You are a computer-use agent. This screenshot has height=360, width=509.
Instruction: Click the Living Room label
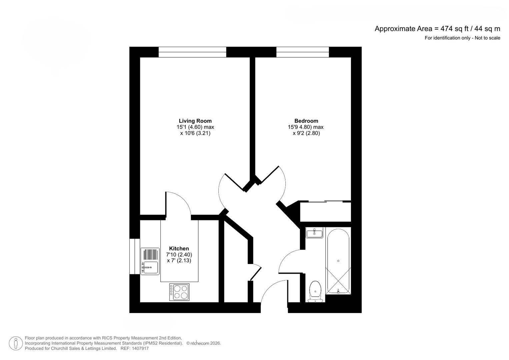(x=195, y=121)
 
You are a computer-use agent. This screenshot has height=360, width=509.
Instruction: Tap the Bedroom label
(x=306, y=121)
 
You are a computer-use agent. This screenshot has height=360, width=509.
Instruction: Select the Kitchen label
(x=179, y=248)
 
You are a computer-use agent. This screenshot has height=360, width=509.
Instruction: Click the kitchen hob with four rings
(x=179, y=292)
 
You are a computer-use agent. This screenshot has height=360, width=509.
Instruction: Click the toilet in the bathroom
(x=315, y=291)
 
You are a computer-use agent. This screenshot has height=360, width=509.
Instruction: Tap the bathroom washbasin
(x=314, y=233)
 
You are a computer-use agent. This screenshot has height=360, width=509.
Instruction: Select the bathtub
(x=338, y=261)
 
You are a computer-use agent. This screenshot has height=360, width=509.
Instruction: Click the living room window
(x=192, y=52)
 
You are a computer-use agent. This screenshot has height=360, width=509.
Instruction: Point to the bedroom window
(x=303, y=52)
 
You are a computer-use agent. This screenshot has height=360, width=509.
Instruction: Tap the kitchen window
(x=135, y=256)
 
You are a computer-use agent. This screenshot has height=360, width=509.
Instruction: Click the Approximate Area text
(x=437, y=29)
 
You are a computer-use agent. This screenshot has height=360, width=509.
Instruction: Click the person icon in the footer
(x=16, y=343)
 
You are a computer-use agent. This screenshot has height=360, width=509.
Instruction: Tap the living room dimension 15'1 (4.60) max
(x=195, y=127)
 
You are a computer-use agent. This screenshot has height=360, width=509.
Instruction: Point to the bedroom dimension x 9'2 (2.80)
(x=306, y=133)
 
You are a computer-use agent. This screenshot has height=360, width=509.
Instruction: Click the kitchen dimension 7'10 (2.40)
(x=179, y=255)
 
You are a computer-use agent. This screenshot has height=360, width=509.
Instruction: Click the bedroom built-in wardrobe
(x=325, y=211)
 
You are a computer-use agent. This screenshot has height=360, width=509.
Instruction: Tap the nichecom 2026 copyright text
(x=204, y=343)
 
